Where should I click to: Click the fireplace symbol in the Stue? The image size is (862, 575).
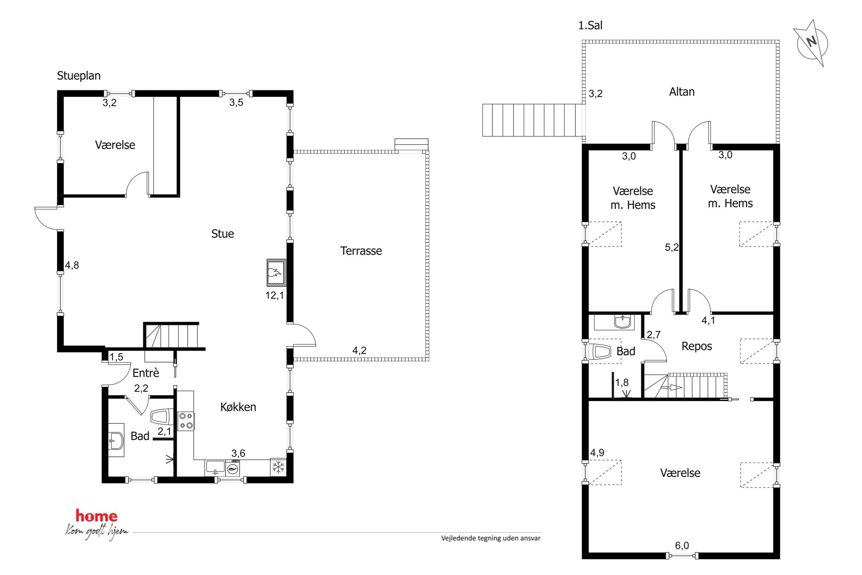[x=276, y=273]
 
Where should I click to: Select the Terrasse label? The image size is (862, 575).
[x=361, y=251]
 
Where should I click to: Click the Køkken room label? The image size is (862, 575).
[x=238, y=407]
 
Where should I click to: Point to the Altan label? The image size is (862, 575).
[x=682, y=92]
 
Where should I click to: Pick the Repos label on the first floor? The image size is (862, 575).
[x=696, y=346]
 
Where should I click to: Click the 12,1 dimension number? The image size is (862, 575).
[x=275, y=296]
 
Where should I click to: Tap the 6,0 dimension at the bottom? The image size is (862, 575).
[x=682, y=545]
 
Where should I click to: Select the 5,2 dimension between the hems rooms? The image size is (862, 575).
[x=672, y=247]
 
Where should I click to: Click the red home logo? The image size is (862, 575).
[x=96, y=516]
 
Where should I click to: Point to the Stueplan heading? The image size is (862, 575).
[x=79, y=76]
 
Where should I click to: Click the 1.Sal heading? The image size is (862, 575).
[x=590, y=26]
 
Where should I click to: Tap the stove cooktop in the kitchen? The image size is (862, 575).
[x=186, y=421]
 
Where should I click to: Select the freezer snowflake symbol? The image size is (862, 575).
[x=278, y=467]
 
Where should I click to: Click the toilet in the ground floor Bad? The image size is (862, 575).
[x=162, y=417]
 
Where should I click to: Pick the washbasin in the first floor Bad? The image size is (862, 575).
[x=623, y=322]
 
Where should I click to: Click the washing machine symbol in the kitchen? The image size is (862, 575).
[x=233, y=469]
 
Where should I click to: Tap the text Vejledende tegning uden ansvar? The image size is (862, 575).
[x=491, y=538]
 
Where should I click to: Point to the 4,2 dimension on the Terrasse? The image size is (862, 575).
[x=359, y=350]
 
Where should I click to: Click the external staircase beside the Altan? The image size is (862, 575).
[x=533, y=120]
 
